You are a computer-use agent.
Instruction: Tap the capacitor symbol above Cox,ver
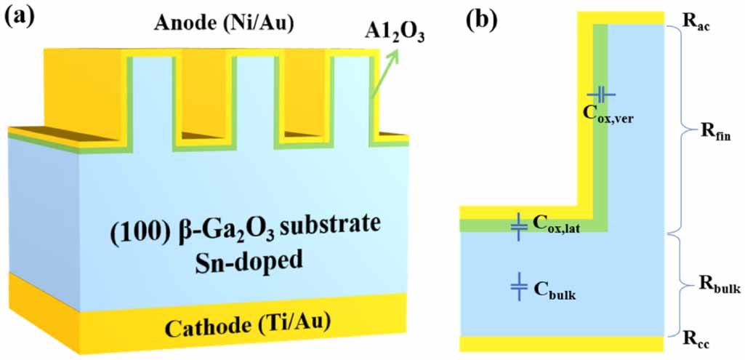[x=602, y=94]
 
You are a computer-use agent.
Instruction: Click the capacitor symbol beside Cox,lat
[x=518, y=227]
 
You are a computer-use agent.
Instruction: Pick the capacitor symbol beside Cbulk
[x=518, y=287]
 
